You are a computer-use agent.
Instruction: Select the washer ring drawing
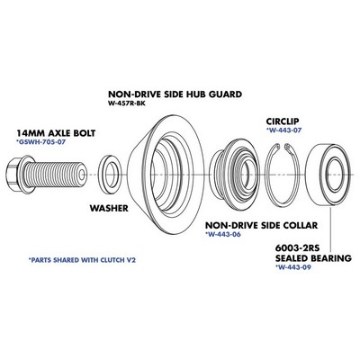click(110, 175)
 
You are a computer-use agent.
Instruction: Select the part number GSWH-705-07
click(40, 141)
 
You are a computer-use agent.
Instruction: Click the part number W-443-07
click(283, 130)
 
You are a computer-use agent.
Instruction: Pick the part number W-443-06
click(223, 234)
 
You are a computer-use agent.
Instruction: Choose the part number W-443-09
click(293, 266)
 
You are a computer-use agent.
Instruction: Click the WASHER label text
click(109, 208)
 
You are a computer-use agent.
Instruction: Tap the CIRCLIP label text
click(283, 121)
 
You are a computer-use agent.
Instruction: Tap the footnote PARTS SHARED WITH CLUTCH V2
click(82, 260)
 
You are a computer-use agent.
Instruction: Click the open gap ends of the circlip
click(282, 147)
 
